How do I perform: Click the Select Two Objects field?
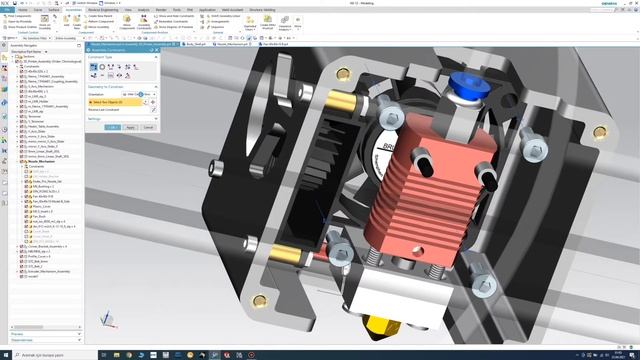115,102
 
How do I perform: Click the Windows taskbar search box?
50,354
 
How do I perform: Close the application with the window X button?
633,3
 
